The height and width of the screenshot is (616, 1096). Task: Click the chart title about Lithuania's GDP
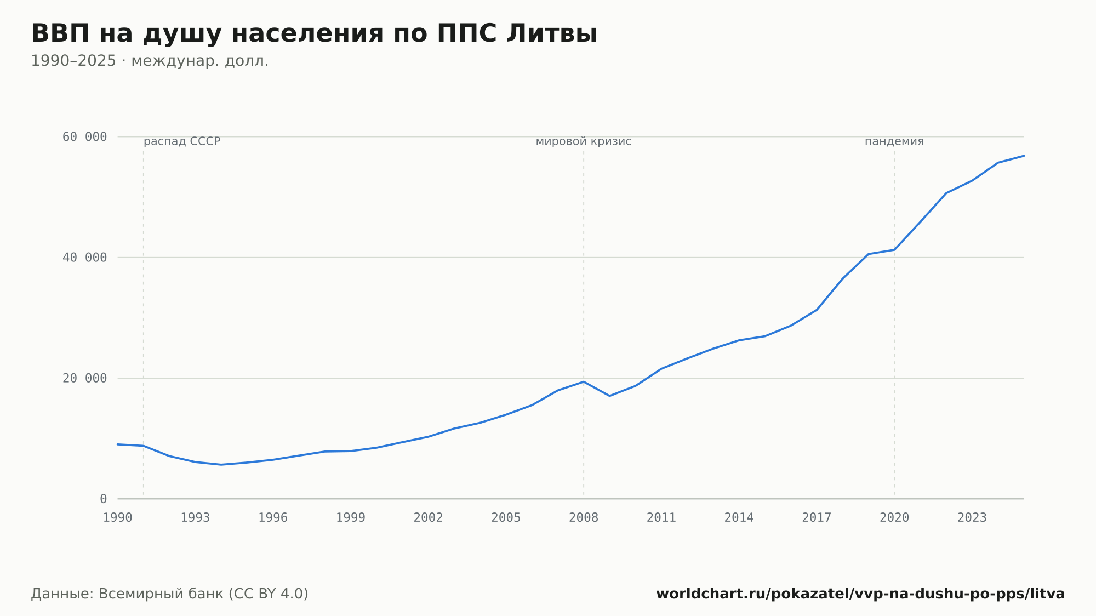pos(314,34)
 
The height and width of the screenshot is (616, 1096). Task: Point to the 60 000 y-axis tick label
pos(84,137)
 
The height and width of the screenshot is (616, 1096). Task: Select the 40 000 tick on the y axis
pos(84,258)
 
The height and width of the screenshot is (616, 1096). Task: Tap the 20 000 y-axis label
pos(84,378)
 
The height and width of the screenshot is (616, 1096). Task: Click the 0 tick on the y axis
pos(103,499)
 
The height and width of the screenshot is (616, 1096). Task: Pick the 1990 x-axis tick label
pos(118,518)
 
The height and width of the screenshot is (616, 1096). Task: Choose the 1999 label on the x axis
pos(351,518)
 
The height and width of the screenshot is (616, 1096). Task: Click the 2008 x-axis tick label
pos(584,518)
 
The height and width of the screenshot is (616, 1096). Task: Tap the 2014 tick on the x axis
pos(739,518)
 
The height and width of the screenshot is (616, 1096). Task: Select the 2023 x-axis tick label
pos(972,518)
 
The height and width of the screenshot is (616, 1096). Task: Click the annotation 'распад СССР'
pos(182,142)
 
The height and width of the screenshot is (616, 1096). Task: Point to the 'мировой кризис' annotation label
pos(584,142)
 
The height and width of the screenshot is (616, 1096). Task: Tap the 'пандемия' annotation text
pos(894,142)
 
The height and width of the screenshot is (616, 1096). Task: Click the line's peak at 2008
pos(584,381)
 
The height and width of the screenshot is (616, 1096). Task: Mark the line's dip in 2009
pos(609,396)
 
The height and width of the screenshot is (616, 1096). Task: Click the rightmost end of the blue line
pos(1024,156)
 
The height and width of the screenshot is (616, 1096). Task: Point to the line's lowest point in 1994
pos(221,465)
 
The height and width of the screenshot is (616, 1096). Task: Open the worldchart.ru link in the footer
pos(860,594)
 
